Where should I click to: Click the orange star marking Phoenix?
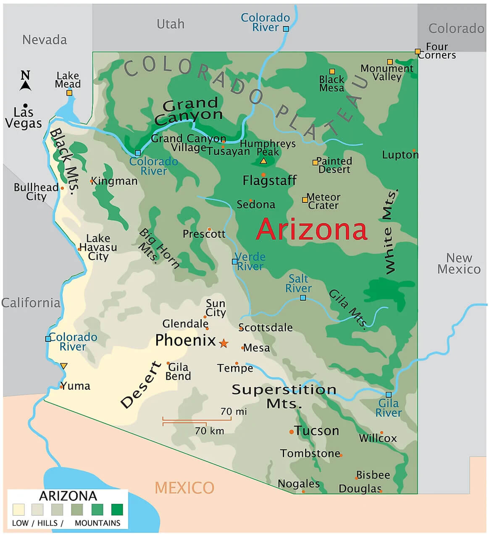pos(223,343)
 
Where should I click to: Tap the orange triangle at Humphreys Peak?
pos(263,161)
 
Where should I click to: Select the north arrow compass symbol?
pos(26,81)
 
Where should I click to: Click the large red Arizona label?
pos(311,229)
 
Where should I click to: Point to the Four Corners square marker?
pos(418,51)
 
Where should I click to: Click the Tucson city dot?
pos(291,432)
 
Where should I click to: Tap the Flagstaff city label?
pos(269,181)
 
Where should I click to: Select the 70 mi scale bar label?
pos(234,412)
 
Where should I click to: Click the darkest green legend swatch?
pos(117,509)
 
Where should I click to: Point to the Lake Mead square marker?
pos(69,93)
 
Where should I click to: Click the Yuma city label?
pos(76,386)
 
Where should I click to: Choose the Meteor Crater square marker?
pos(305,200)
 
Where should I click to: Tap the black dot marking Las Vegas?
pos(25,105)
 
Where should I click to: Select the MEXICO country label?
pos(184,488)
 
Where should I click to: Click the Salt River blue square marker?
pos(302,298)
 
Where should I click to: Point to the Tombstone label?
pos(310,454)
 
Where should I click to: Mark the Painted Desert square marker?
pos(315,162)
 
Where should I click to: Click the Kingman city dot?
pos(92,181)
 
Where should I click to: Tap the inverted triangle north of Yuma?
pos(63,366)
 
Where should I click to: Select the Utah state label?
pos(170,24)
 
